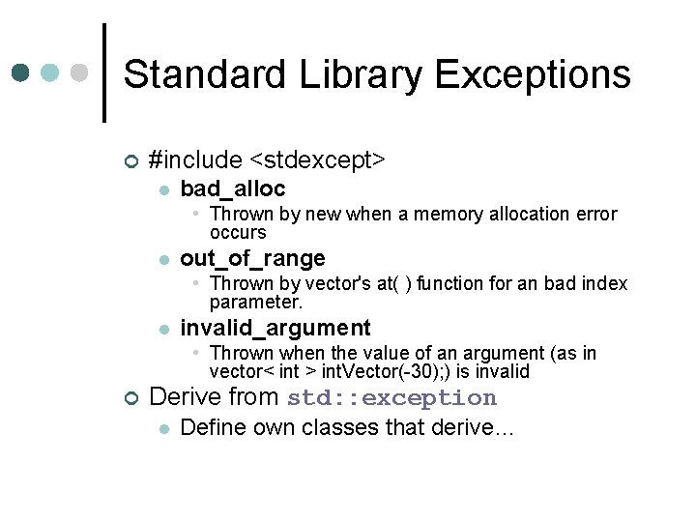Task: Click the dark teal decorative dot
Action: [x=20, y=72]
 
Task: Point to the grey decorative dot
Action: [x=80, y=72]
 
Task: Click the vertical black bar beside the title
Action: [x=104, y=72]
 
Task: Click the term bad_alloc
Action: [x=233, y=188]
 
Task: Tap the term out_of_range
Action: [x=252, y=258]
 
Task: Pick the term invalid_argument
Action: [x=275, y=328]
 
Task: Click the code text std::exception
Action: [x=392, y=397]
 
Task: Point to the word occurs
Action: [x=237, y=233]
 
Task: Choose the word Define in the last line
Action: [x=213, y=427]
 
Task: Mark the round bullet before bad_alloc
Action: [x=164, y=189]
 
